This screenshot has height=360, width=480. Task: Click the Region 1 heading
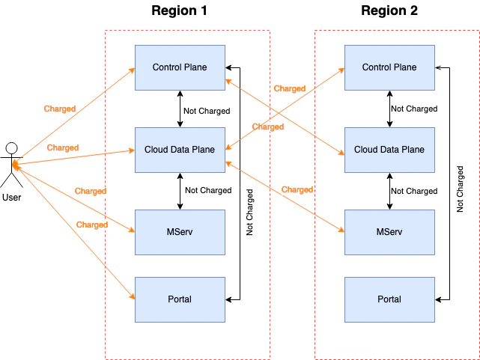tap(179, 10)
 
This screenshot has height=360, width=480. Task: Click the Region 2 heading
tap(389, 10)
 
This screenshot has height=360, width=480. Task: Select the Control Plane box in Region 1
tap(180, 67)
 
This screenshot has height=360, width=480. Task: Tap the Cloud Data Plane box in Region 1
tap(180, 150)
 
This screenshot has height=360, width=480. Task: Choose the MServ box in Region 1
tap(180, 232)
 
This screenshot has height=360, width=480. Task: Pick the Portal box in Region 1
tap(180, 299)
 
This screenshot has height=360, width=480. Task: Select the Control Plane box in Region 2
tap(389, 67)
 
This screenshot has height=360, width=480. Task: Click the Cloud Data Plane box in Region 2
tap(389, 150)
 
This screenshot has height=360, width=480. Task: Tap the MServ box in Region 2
tap(389, 232)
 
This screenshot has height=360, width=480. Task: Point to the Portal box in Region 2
tap(389, 299)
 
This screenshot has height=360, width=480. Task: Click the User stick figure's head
tap(11, 147)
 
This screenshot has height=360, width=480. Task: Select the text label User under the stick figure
tap(12, 198)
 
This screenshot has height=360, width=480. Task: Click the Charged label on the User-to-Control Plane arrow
tap(60, 109)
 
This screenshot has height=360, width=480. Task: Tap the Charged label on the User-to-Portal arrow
tap(92, 225)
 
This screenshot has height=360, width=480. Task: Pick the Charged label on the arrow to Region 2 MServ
tap(297, 189)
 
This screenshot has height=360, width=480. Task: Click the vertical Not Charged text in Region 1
tap(250, 213)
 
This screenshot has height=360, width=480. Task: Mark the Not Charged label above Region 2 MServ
tap(414, 191)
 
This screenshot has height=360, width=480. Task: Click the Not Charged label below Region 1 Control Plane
tap(207, 111)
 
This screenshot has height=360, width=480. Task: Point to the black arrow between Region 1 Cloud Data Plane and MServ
tap(180, 191)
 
